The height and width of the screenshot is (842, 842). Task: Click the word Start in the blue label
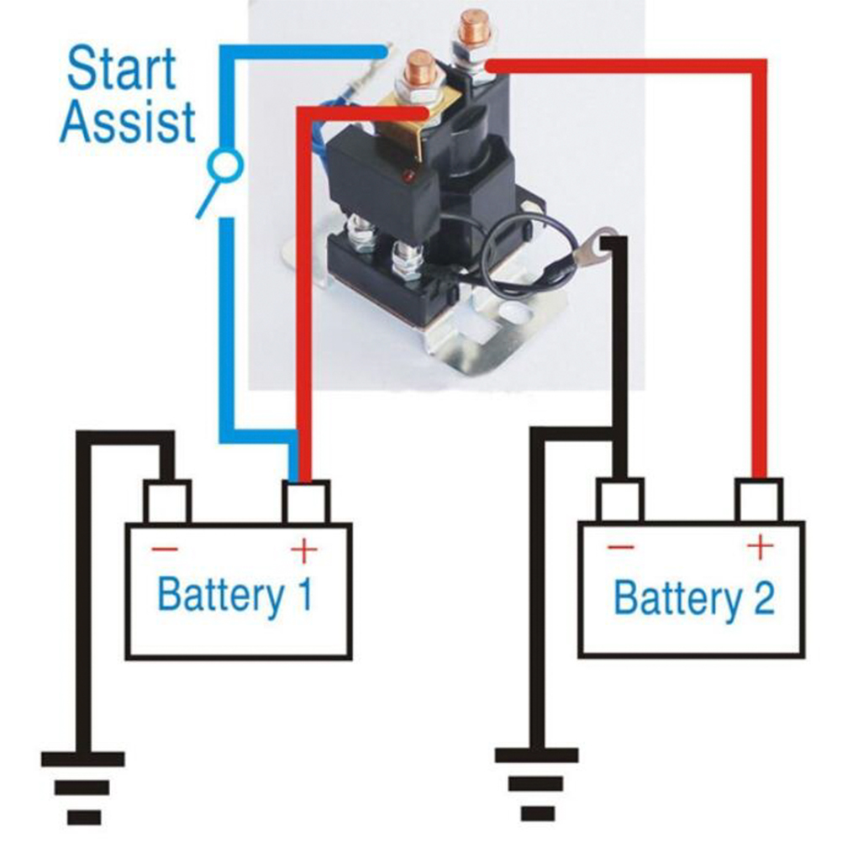pos(121,69)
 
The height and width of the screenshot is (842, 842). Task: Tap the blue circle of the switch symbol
pos(225,166)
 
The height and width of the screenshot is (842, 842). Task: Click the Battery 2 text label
pos(694,598)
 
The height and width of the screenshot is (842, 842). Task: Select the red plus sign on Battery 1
pos(304,550)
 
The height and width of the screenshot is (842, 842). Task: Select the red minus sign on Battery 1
pos(165,550)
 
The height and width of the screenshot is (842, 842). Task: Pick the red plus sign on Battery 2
pos(760,547)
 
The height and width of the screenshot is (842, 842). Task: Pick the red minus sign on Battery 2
pos(621,547)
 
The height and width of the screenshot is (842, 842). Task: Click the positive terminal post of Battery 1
pos(306,502)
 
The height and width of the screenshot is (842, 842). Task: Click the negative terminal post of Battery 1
pos(166,502)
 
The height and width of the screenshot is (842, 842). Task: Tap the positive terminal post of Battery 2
pos(760,500)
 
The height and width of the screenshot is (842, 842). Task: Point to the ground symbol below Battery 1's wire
pos(83,788)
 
